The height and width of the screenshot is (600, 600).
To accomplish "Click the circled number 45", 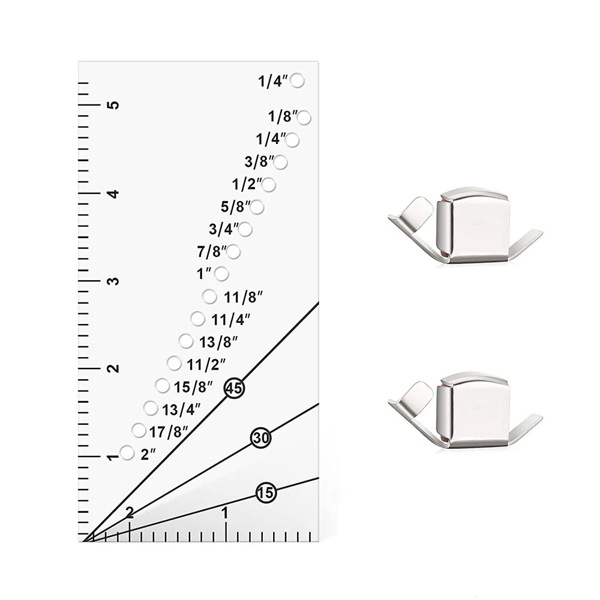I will pos(235,388).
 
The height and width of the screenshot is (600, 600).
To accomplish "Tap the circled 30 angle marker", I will pos(260,438).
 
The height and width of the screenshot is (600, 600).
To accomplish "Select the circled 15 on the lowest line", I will pos(265,493).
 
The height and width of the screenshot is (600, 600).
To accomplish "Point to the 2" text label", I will pos(148,454).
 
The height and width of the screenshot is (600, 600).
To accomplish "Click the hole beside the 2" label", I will pos(127,453).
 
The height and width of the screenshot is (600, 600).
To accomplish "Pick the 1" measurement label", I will pos(204,274).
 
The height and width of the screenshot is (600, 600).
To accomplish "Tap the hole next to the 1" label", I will pos(221,274).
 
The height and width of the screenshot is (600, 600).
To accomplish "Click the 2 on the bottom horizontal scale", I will pos(129,512).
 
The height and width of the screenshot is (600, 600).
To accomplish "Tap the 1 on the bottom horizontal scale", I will pos(226,514).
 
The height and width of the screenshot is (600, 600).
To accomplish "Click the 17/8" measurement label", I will pos(169,431).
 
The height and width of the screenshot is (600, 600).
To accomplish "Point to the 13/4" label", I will pos(181,409).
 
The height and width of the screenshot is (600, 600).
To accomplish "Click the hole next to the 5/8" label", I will pos(257,207).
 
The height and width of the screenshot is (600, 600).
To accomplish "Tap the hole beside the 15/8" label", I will pos(163,386).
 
